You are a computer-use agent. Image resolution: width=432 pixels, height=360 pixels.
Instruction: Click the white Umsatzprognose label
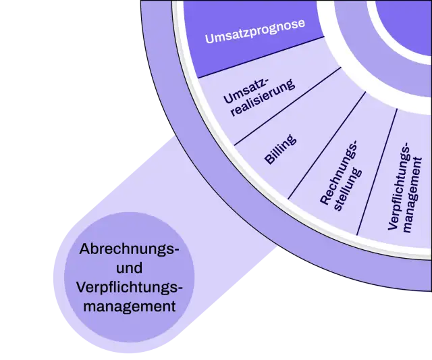pyautogui.click(x=255, y=31)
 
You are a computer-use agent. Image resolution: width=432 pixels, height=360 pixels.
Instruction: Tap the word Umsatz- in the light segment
pyautogui.click(x=246, y=91)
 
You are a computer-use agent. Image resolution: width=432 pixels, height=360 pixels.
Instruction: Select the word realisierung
pyautogui.click(x=263, y=98)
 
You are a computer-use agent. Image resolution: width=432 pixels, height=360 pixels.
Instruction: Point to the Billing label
pyautogui.click(x=281, y=149)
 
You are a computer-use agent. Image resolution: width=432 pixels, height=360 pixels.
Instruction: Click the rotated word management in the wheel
pyautogui.click(x=412, y=195)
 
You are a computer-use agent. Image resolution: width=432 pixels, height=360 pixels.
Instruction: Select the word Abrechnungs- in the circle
pyautogui.click(x=129, y=249)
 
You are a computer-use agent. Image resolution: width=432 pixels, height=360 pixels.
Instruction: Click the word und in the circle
pyautogui.click(x=129, y=267)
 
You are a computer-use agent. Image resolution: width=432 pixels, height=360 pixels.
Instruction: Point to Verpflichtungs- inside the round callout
pyautogui.click(x=129, y=288)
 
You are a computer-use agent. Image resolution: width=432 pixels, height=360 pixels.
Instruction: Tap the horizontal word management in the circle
pyautogui.click(x=129, y=307)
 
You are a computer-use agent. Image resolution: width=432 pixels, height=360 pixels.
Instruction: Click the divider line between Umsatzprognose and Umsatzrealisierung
pyautogui.click(x=261, y=57)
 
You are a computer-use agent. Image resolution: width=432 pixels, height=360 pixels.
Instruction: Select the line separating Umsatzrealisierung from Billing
pyautogui.click(x=288, y=106)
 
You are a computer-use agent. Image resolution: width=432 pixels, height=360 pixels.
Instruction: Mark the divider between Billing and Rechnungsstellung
pyautogui.click(x=327, y=145)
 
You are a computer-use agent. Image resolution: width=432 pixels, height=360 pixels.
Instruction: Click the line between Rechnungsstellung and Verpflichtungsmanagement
pyautogui.click(x=377, y=172)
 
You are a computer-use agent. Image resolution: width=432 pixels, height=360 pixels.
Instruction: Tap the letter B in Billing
pyautogui.click(x=269, y=159)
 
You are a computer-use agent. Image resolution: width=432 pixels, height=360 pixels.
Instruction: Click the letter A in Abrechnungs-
pyautogui.click(x=85, y=249)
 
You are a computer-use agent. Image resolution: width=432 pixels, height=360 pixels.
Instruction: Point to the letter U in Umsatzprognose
pyautogui.click(x=209, y=38)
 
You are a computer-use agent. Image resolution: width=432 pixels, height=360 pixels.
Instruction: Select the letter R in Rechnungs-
pyautogui.click(x=325, y=199)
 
